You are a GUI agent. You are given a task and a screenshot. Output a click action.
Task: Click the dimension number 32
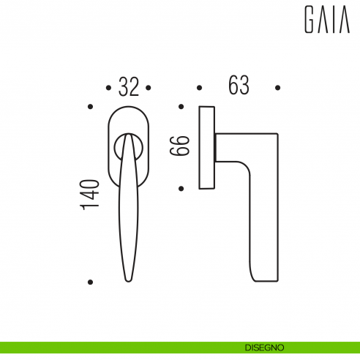click(128, 88)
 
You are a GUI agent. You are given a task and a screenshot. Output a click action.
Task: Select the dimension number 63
click(239, 86)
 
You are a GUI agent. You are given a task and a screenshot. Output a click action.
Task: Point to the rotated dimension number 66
click(180, 146)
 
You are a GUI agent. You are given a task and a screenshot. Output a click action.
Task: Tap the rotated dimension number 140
click(90, 195)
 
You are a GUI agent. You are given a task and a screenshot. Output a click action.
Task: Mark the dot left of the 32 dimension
click(108, 88)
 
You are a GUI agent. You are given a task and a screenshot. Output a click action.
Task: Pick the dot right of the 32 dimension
click(149, 88)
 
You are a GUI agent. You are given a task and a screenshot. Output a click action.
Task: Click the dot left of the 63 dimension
click(199, 88)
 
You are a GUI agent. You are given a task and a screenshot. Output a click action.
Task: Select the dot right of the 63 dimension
click(278, 88)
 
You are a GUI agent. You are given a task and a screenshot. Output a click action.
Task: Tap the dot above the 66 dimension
click(180, 107)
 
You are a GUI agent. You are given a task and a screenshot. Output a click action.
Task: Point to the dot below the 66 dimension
click(180, 188)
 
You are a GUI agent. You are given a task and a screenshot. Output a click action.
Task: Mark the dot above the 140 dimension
click(90, 107)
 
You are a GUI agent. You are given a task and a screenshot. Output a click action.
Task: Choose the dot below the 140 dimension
click(90, 281)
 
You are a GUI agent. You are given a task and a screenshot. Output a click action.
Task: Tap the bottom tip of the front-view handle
click(128, 278)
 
